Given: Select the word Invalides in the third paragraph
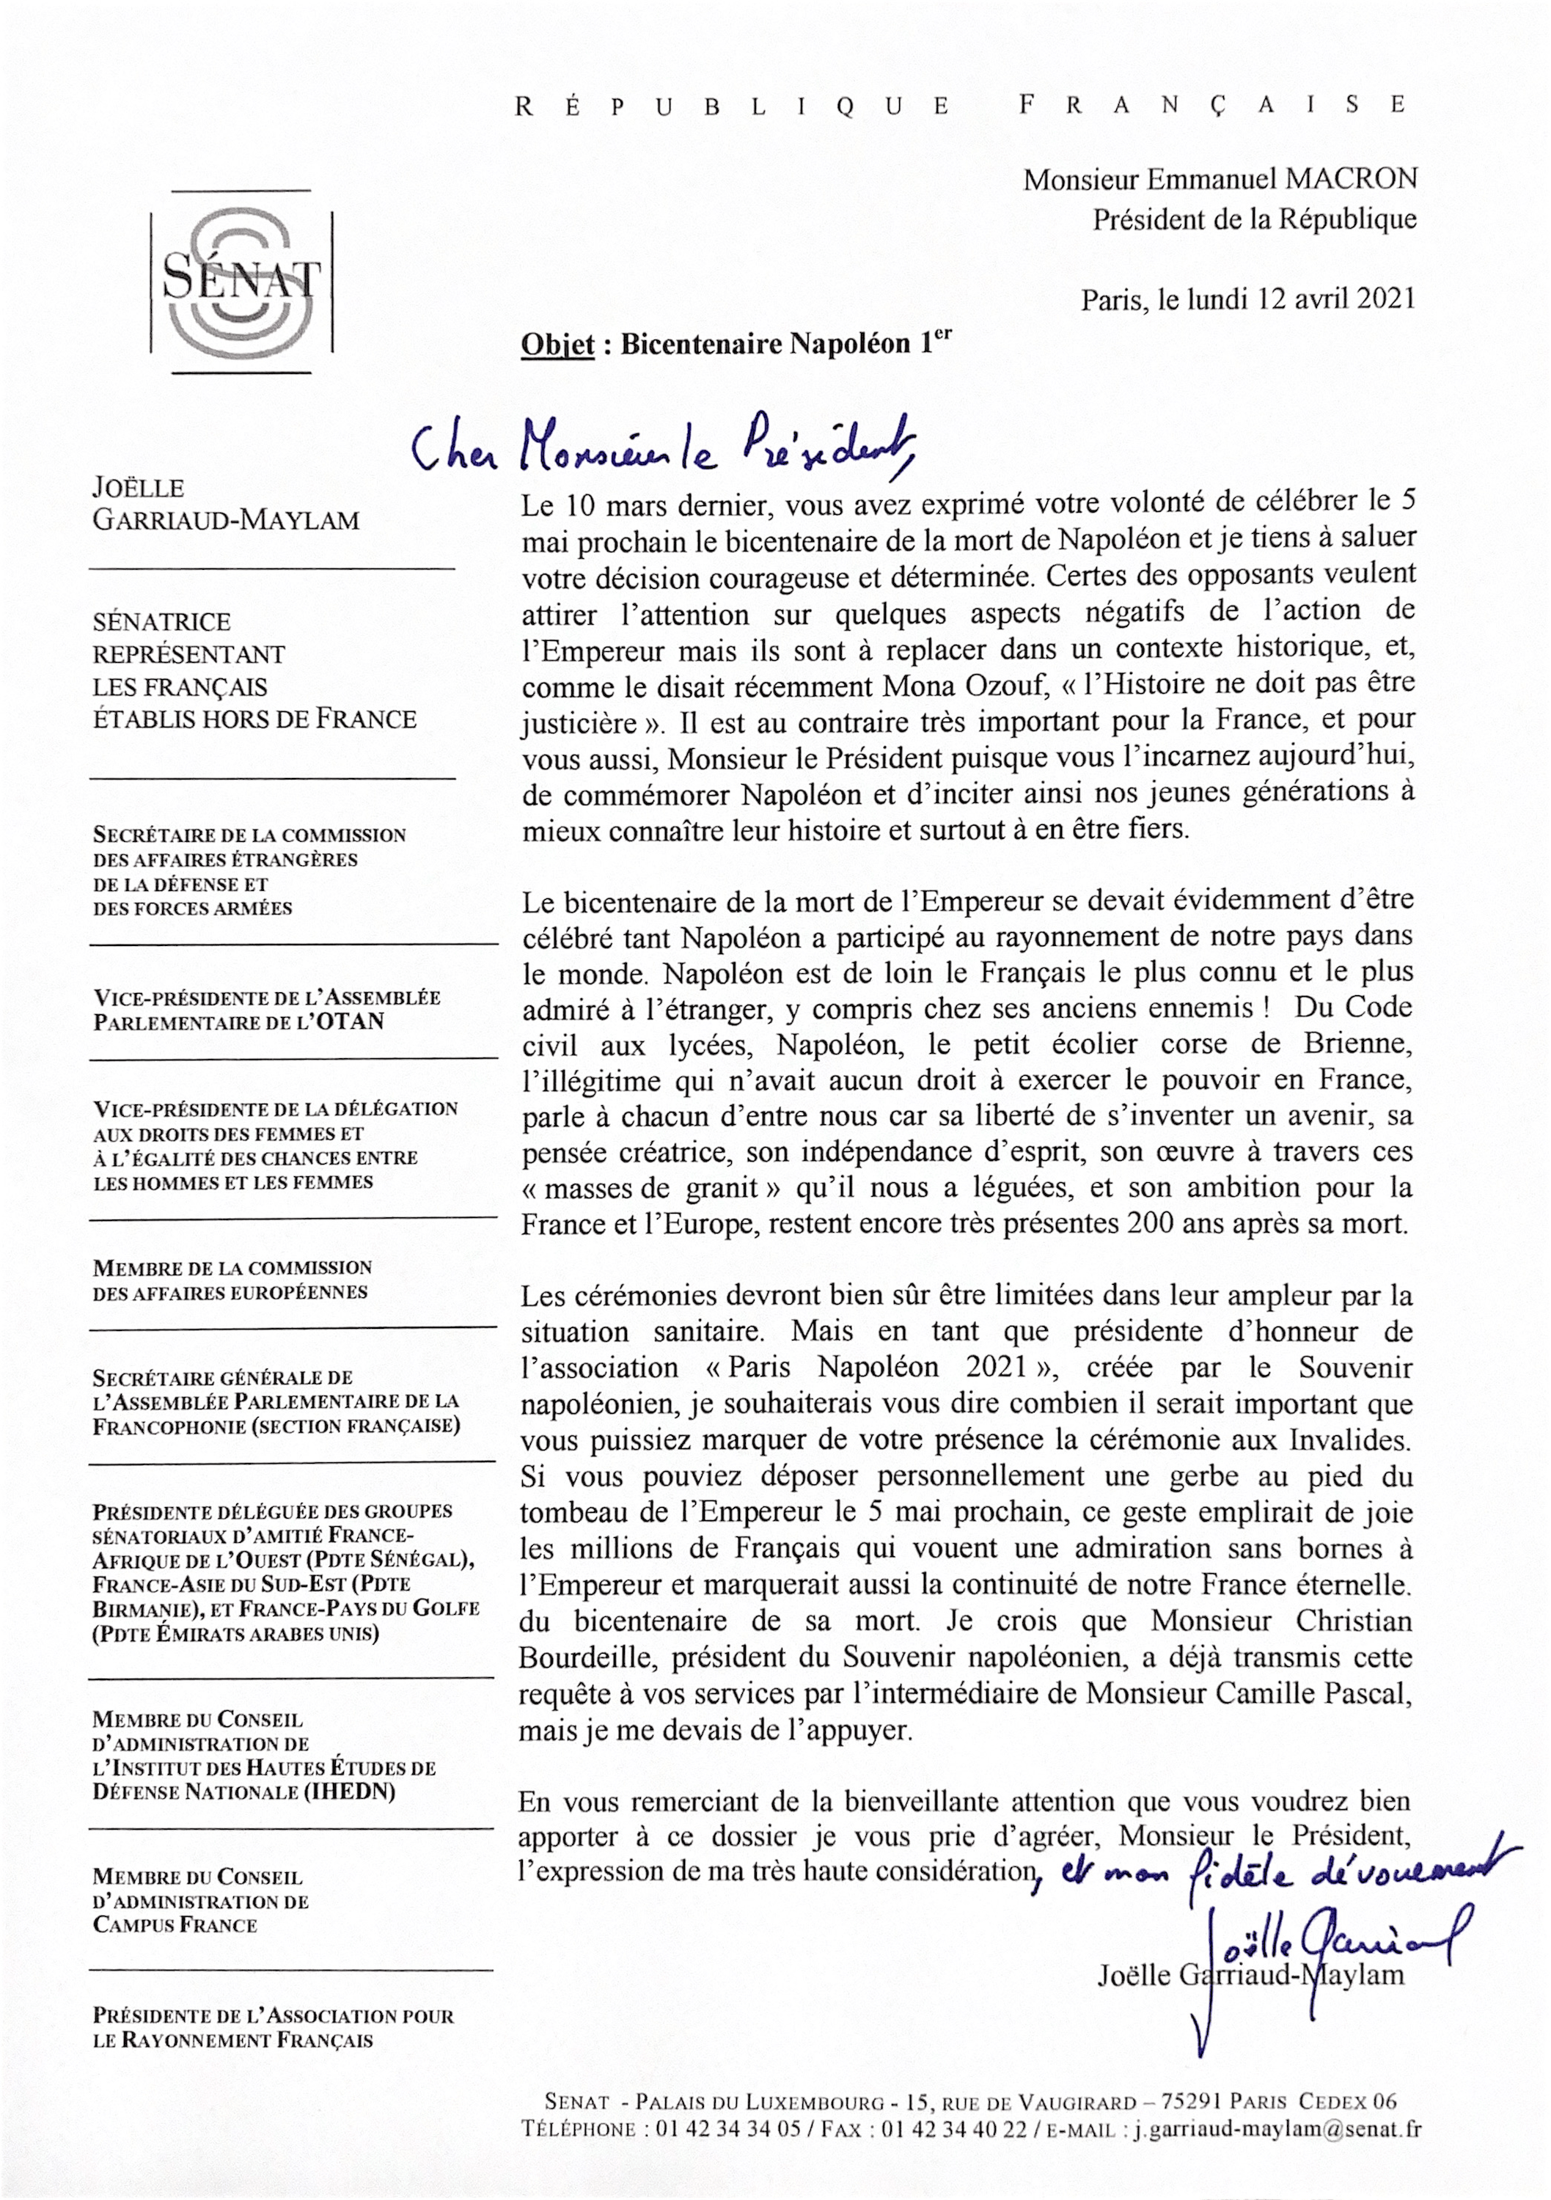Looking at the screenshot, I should point(1351,1440).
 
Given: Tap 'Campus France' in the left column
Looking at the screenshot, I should point(175,1925).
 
